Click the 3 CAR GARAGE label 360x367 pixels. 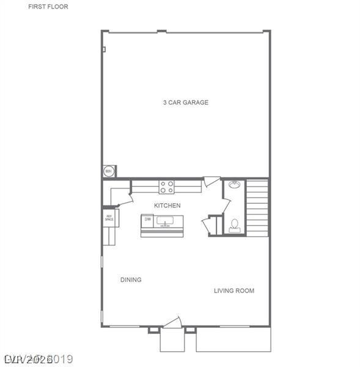click(x=185, y=103)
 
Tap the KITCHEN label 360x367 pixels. click(x=167, y=206)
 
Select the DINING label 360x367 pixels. click(x=131, y=280)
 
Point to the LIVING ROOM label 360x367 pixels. click(x=233, y=291)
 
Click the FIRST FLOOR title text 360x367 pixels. click(x=48, y=7)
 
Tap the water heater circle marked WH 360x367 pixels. click(x=109, y=171)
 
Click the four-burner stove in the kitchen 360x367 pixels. click(x=167, y=186)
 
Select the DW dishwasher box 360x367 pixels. click(x=147, y=219)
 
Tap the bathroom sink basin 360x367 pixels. click(x=234, y=185)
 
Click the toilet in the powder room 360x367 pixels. click(x=234, y=226)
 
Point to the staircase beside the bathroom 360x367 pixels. click(x=257, y=207)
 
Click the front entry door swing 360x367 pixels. click(x=172, y=323)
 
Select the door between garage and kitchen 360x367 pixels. click(x=211, y=182)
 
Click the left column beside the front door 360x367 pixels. click(x=153, y=330)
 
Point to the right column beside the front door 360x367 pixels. click(x=190, y=330)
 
